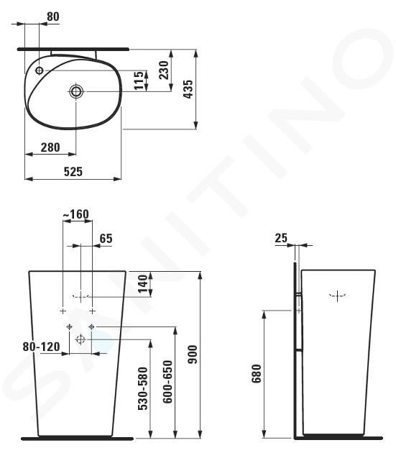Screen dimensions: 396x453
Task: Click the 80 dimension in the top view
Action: pos(53,17)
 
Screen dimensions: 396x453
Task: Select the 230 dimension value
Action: pos(164,70)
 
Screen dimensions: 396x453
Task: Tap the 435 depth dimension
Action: pos(188,89)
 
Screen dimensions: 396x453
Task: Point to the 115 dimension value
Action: pos(139,81)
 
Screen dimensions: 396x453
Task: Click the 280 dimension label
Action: pos(50,147)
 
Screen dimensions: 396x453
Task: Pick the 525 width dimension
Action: pos(73,172)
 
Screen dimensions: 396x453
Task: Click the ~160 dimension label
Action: pos(75,214)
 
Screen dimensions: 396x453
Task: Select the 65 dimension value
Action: pos(106,239)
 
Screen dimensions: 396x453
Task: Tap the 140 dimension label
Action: pos(143,284)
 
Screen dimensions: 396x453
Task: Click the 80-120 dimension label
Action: pos(41,347)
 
